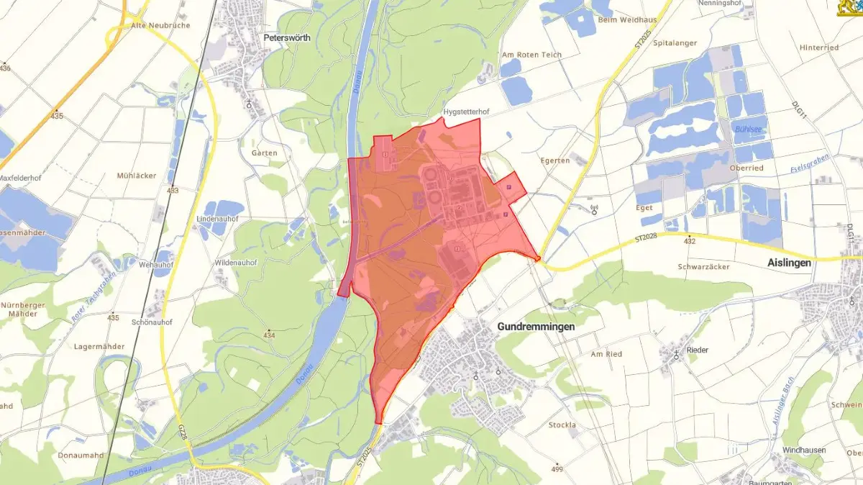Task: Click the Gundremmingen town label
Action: click(536, 327)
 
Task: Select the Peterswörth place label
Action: click(286, 38)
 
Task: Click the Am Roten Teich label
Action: click(531, 55)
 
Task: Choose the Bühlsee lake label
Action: click(748, 130)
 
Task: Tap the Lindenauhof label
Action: click(217, 218)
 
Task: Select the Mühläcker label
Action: click(137, 176)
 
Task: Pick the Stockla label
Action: click(562, 425)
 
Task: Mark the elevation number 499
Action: click(557, 469)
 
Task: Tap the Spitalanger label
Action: click(675, 43)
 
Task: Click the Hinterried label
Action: click(819, 47)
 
